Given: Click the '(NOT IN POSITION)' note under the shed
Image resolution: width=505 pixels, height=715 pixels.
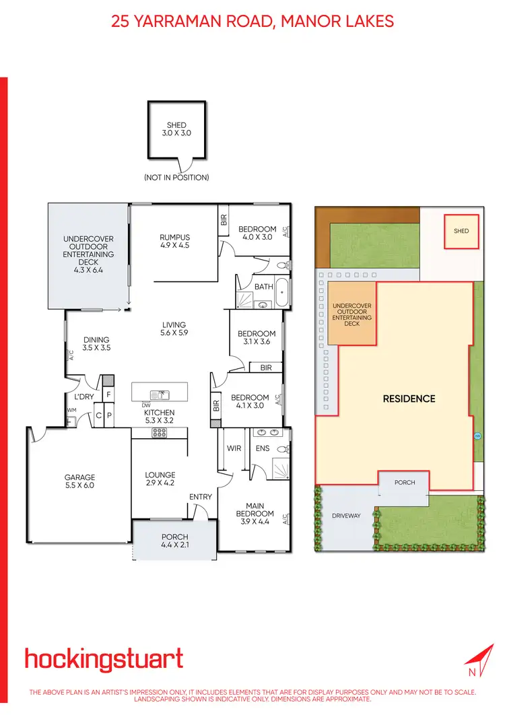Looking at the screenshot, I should [176, 178].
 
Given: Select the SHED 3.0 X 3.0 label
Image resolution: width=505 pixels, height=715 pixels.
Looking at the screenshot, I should [176, 129].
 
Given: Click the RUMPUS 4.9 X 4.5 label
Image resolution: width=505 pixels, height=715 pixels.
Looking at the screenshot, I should [175, 241].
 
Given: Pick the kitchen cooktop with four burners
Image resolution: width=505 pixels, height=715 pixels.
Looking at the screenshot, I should [160, 433].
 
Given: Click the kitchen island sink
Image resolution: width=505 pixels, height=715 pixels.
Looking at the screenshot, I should [160, 394].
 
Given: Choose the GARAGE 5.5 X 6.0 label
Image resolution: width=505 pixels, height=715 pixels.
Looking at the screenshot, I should [79, 481].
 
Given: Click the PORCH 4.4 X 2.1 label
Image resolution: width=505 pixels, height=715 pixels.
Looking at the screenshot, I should [175, 541].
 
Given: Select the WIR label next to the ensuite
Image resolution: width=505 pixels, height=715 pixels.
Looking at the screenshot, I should [234, 448].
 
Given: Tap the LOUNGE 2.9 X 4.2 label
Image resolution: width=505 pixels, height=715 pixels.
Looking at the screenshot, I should [160, 479].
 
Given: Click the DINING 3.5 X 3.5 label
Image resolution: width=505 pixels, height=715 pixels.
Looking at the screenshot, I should [96, 344].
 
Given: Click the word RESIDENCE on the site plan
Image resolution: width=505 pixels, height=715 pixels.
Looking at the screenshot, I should [409, 399].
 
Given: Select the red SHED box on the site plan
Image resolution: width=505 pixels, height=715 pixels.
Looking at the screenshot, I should [461, 232].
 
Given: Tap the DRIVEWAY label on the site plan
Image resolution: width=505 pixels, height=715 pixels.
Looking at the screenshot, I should [347, 516].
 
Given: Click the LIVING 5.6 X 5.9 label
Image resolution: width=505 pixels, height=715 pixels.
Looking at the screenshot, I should [174, 329].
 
